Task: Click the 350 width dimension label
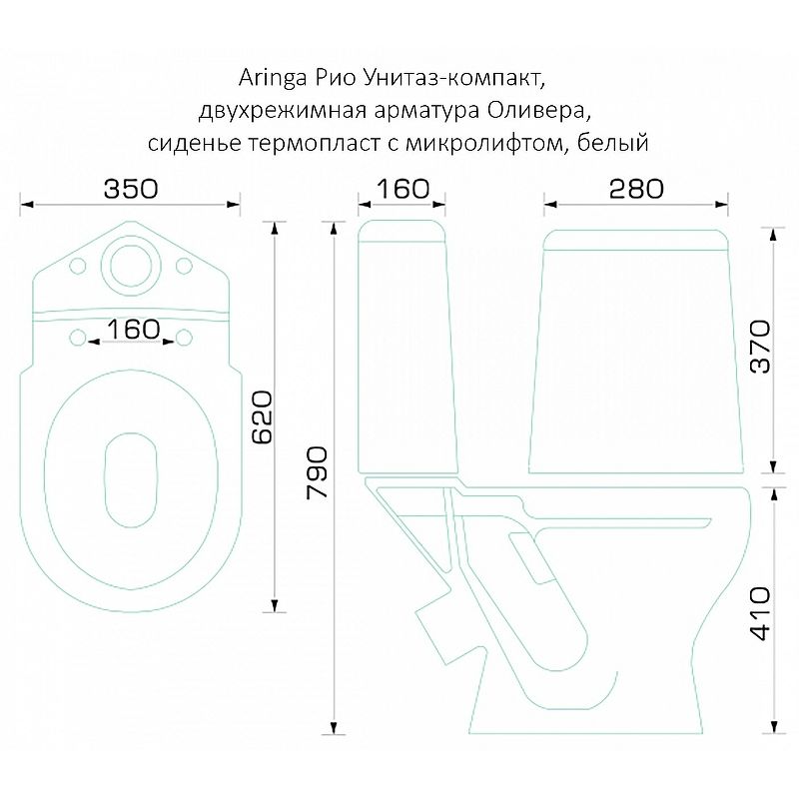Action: point(131,189)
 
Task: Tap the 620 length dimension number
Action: point(264,416)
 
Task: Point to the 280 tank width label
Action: point(636,189)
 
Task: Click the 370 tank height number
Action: point(761,347)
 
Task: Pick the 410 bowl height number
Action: point(761,613)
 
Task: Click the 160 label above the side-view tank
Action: point(402,189)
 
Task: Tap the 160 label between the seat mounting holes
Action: point(133,330)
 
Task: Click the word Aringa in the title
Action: point(272,79)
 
